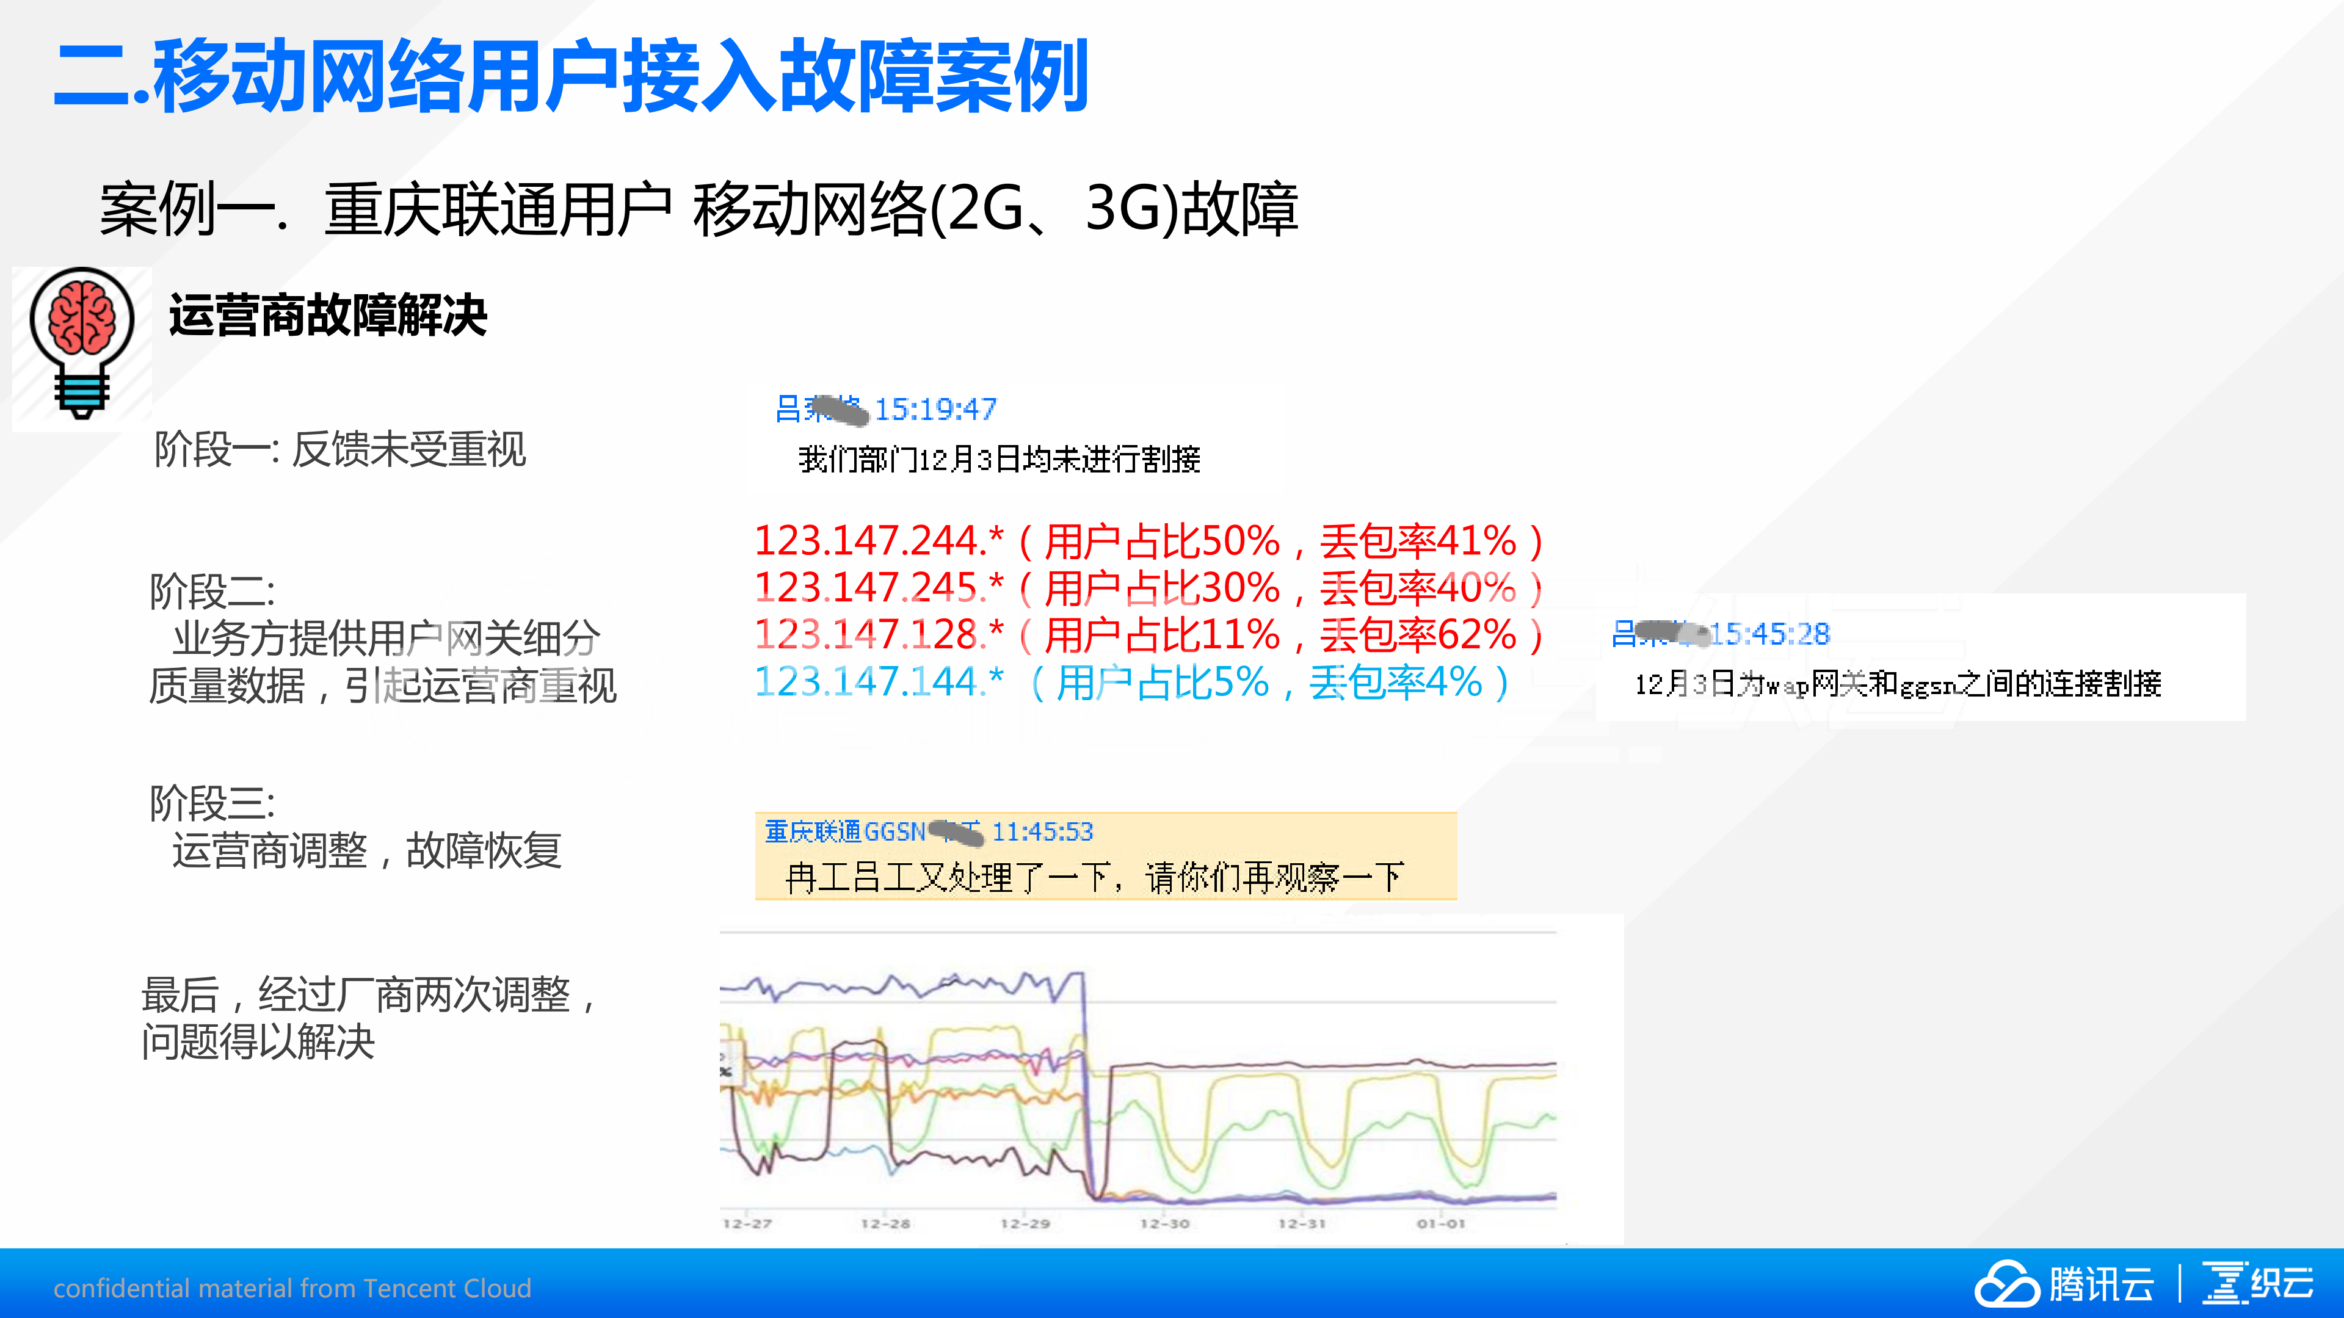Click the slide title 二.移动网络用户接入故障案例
point(571,76)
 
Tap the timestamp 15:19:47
point(935,409)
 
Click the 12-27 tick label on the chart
point(747,1223)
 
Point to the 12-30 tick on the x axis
point(1165,1223)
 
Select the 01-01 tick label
point(1442,1223)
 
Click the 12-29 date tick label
point(1026,1223)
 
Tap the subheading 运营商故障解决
point(328,316)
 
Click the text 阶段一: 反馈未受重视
point(340,449)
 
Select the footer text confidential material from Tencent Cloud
point(292,1288)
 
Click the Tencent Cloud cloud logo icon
point(2006,1283)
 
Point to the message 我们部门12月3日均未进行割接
point(999,459)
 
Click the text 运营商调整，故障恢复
point(367,850)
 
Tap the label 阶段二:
point(212,591)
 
